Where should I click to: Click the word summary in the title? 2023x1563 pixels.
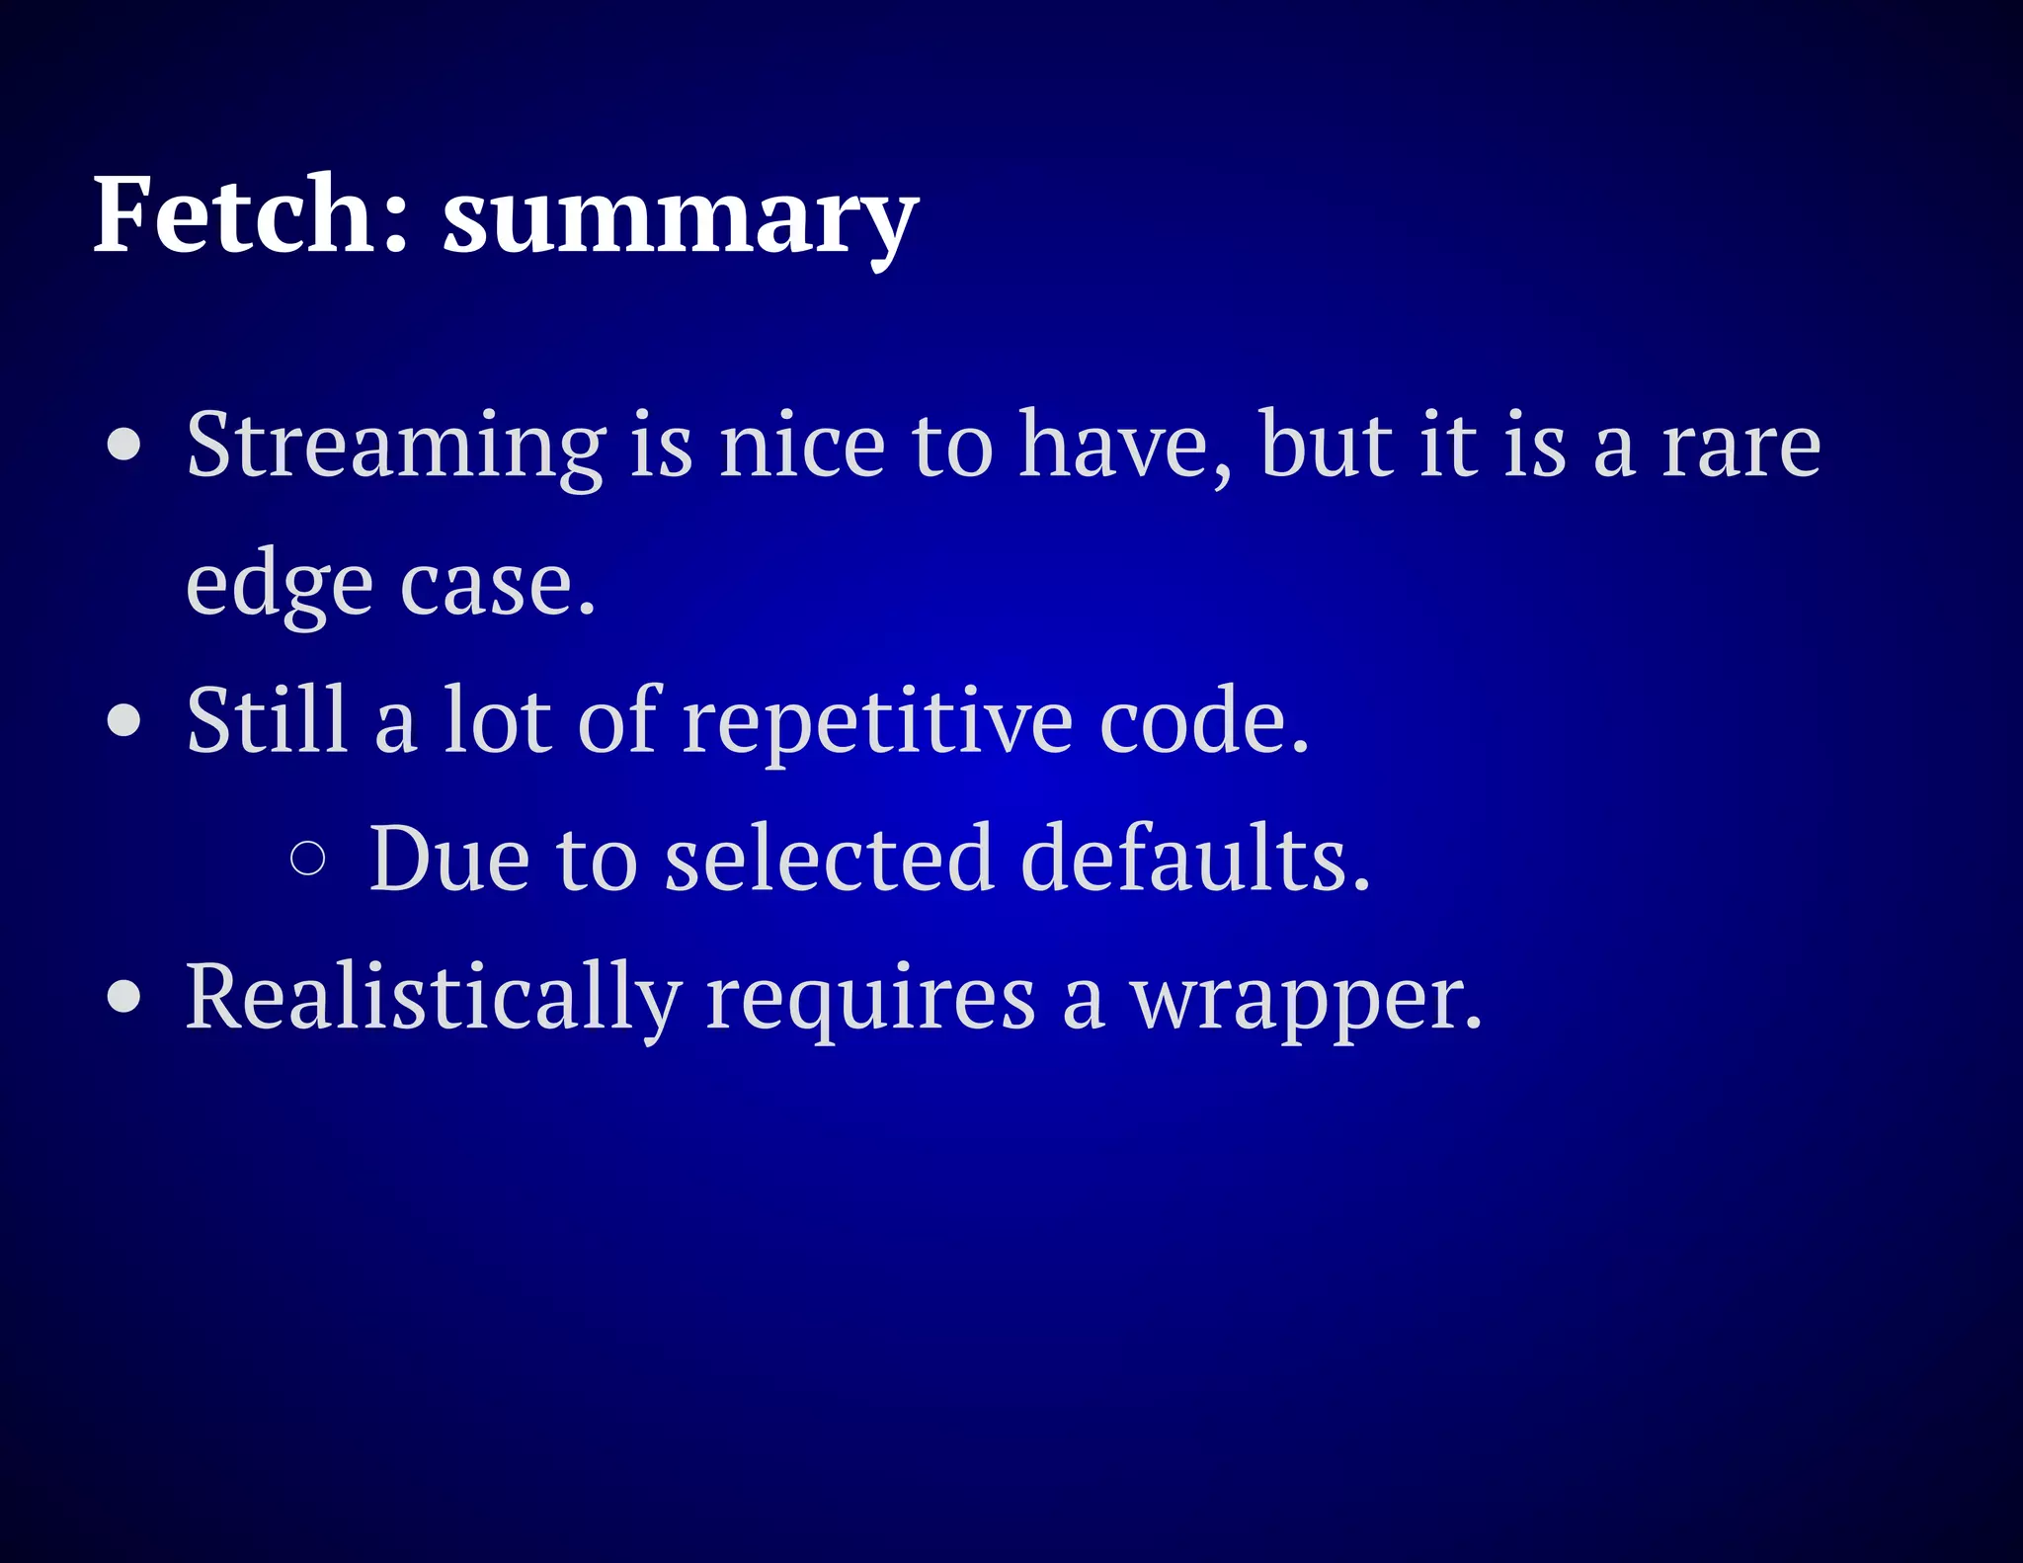pos(680,219)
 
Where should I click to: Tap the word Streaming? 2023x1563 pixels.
pos(395,447)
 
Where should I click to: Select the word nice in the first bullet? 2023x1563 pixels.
pos(802,447)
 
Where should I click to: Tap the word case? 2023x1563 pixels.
pos(497,585)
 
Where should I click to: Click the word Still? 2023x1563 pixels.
pos(267,720)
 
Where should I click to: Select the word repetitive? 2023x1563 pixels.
pos(877,722)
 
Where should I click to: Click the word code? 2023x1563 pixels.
pos(1203,720)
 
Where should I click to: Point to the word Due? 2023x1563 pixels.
pos(448,859)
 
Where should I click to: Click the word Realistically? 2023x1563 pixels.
pos(433,999)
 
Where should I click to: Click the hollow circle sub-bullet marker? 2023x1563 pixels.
pos(308,859)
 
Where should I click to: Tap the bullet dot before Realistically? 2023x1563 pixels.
pos(124,997)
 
